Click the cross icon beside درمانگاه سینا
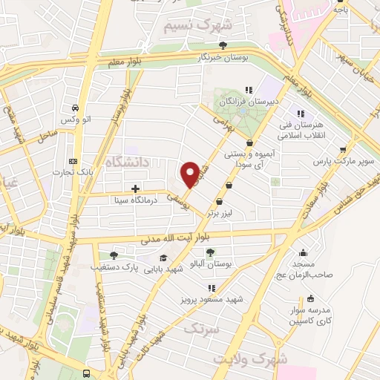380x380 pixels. [135, 189]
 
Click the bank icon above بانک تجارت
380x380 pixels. [72, 161]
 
